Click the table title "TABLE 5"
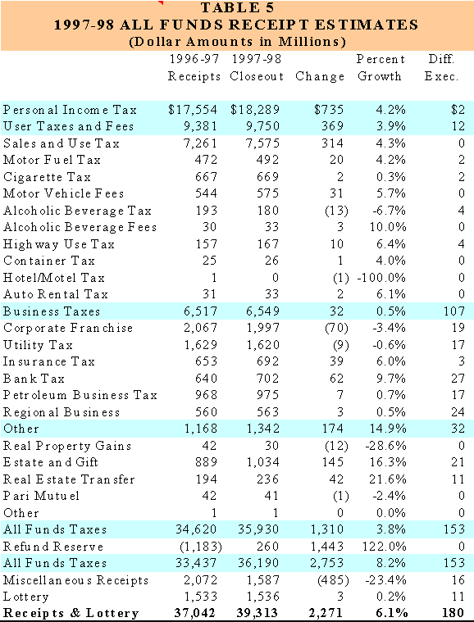click(x=237, y=7)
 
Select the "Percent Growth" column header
click(x=380, y=67)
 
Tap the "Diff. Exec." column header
click(x=441, y=67)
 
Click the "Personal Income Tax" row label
click(x=70, y=110)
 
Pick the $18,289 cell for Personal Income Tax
click(x=255, y=110)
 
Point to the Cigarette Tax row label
click(x=47, y=177)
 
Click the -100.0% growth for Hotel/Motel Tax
click(x=381, y=278)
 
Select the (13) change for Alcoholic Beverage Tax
click(x=337, y=211)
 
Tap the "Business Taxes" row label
click(x=52, y=311)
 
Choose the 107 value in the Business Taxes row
click(x=454, y=311)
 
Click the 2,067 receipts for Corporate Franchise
click(x=200, y=328)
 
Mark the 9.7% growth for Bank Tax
click(x=391, y=379)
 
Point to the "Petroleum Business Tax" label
click(x=80, y=395)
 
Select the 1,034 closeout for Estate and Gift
click(x=262, y=462)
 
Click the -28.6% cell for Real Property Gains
click(x=385, y=446)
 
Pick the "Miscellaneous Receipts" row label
click(x=75, y=580)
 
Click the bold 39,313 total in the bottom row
click(x=257, y=613)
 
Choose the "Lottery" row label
click(x=25, y=597)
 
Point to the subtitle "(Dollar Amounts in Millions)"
click(x=237, y=42)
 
